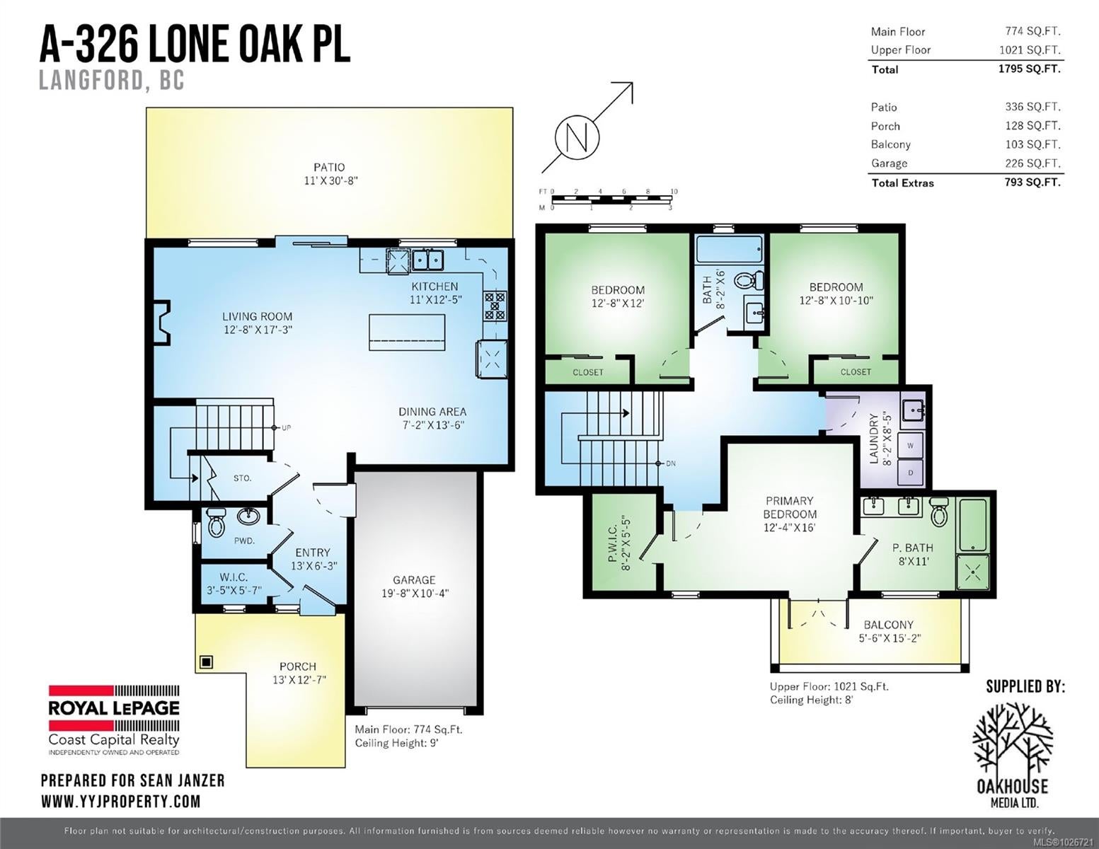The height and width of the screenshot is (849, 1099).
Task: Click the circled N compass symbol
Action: point(577,137)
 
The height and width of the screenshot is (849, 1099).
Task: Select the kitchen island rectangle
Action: point(407,333)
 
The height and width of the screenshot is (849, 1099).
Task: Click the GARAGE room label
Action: point(414,580)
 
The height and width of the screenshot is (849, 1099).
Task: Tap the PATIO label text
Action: point(329,168)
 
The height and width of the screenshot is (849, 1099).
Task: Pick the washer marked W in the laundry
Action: point(910,446)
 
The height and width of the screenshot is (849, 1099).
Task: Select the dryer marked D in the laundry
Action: point(910,473)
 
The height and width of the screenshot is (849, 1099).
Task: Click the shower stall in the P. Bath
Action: point(972,572)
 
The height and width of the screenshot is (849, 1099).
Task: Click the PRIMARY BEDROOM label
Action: point(790,507)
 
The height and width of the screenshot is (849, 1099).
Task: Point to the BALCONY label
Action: point(889,625)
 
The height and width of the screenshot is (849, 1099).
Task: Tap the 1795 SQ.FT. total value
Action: point(1029,69)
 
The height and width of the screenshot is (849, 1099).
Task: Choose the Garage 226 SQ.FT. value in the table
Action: point(1032,163)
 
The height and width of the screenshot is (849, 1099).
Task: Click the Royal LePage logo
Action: point(114,720)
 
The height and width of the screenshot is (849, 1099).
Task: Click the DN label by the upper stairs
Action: point(671,463)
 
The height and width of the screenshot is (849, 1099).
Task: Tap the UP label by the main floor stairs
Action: point(287,428)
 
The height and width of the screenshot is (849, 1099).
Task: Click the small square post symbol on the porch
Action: point(206,662)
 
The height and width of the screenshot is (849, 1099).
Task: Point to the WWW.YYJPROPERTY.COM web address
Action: point(121,802)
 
